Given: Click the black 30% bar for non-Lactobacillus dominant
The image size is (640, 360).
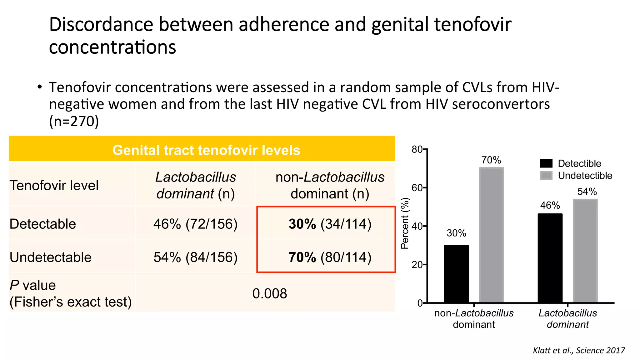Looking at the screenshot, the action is point(456,274).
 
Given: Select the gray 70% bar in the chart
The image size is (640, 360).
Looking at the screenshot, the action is point(491,235).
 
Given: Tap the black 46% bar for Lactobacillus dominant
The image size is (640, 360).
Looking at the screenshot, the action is point(550,258).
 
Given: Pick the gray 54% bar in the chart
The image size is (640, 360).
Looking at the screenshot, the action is point(585,251).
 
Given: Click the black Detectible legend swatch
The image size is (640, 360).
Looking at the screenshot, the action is point(546,163).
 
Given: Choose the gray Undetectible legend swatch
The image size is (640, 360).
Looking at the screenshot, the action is point(546,175).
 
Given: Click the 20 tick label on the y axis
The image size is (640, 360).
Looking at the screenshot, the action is point(417,265).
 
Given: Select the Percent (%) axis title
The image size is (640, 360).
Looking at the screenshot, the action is point(405,223).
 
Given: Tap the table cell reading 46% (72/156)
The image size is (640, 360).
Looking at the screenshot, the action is point(195,224).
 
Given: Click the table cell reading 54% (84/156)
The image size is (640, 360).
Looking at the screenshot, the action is point(195,257).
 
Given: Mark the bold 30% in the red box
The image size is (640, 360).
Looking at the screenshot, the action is point(302,224).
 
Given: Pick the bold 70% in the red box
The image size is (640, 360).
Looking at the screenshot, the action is point(302,257).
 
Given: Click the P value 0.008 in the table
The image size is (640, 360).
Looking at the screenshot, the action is point(270,294).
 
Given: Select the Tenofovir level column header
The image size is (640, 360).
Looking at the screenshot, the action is point(54,186).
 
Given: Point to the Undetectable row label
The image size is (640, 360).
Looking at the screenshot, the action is point(51,257).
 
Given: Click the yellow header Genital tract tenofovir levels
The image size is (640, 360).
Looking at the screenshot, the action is point(206,150).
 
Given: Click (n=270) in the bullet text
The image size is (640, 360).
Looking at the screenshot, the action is point(74,121).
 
